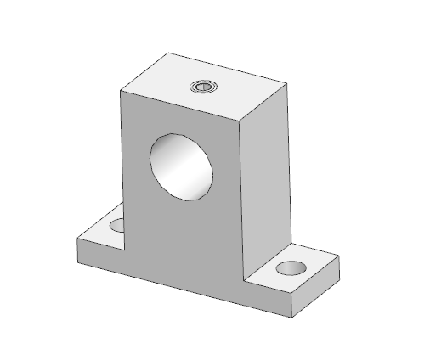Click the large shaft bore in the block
point(181,165)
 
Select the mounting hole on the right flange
point(291,268)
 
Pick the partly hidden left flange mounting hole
point(116,226)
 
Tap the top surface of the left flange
point(100,233)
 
